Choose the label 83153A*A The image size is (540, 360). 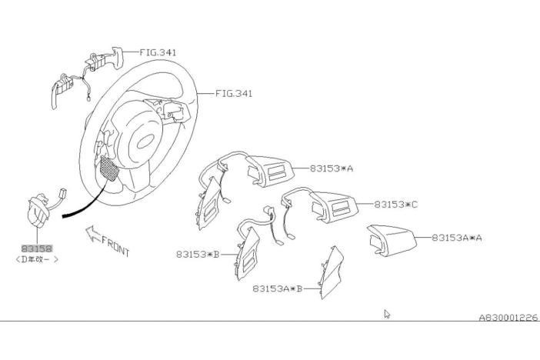[x=457, y=238]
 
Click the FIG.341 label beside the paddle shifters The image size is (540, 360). [x=158, y=52]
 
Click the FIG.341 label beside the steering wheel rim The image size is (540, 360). [x=234, y=94]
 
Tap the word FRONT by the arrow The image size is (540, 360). [x=115, y=246]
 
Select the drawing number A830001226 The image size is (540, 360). [x=508, y=317]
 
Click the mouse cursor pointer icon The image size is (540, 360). [x=387, y=314]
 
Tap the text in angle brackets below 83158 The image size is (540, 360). [x=37, y=259]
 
